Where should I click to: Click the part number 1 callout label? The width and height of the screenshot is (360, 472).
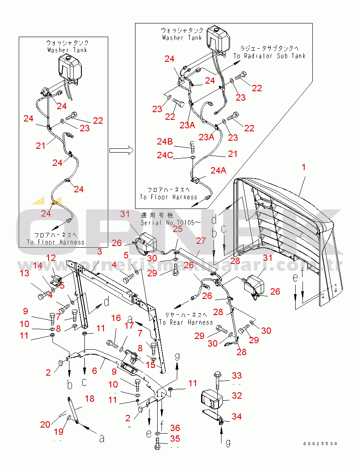(304, 168)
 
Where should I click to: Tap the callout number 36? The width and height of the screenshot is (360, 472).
(175, 428)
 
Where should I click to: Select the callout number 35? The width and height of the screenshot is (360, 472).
(175, 439)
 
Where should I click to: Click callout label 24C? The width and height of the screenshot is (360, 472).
(165, 155)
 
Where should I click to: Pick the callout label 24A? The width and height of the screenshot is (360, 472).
(219, 171)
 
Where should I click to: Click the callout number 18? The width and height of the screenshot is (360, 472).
(89, 399)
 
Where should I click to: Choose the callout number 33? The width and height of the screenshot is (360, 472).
(236, 376)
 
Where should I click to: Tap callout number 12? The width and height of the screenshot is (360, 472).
(51, 258)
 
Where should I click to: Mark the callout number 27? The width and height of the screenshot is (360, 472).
(201, 240)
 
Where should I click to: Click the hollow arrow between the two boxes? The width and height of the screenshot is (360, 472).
(121, 151)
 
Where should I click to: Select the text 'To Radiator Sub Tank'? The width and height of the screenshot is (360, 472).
(269, 56)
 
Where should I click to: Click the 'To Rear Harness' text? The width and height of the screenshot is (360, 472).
(186, 322)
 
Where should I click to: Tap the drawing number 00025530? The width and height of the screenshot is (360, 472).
(320, 444)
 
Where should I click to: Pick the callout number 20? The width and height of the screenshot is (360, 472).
(46, 424)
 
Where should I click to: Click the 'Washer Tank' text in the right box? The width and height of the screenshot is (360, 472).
(182, 38)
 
